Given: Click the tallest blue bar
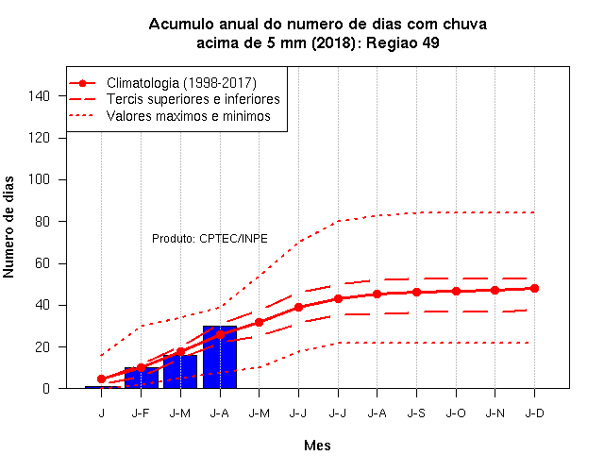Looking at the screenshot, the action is [220, 357].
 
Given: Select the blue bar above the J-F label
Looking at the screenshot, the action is [142, 378].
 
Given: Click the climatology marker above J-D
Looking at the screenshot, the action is [534, 288].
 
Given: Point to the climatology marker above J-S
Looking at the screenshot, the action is [416, 292].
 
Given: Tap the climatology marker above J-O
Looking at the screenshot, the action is [456, 291].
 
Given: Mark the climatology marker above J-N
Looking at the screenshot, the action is [495, 290].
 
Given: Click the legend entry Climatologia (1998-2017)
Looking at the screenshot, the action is [162, 83].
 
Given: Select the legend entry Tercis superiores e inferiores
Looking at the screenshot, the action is [175, 99].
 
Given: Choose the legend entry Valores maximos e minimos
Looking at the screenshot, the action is [170, 115].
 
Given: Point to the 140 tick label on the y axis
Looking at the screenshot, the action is [39, 96].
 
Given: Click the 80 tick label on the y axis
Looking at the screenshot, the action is [42, 222].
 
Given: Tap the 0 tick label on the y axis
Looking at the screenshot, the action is [46, 388].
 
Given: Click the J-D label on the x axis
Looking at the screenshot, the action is [535, 413].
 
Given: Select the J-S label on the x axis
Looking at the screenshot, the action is [416, 413].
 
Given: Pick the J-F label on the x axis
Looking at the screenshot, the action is [141, 413].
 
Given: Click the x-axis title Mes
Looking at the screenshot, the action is [317, 446].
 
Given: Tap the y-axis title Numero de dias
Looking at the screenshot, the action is [8, 227].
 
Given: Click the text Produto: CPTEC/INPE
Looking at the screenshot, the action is [210, 239].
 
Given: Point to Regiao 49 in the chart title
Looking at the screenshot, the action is [403, 42].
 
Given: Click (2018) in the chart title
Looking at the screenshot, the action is [334, 42].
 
